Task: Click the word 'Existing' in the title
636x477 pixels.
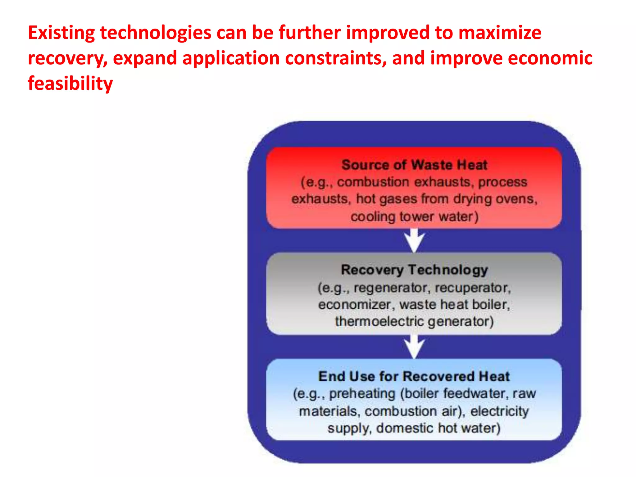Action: coord(61,33)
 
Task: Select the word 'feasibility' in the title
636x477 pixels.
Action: coord(70,84)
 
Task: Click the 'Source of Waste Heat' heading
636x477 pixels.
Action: coord(414,165)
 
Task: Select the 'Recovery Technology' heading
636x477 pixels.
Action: coord(414,270)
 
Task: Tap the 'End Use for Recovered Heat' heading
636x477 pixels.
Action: coord(414,376)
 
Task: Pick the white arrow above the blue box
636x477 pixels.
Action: coord(414,347)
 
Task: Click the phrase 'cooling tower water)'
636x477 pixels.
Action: coord(414,216)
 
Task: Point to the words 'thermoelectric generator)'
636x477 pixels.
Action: coord(414,321)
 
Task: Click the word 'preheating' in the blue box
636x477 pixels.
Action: coord(362,394)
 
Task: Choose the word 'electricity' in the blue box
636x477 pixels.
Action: coord(499,411)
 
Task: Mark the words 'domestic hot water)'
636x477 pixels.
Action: coord(438,428)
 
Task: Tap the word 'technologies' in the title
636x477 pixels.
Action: coord(156,33)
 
